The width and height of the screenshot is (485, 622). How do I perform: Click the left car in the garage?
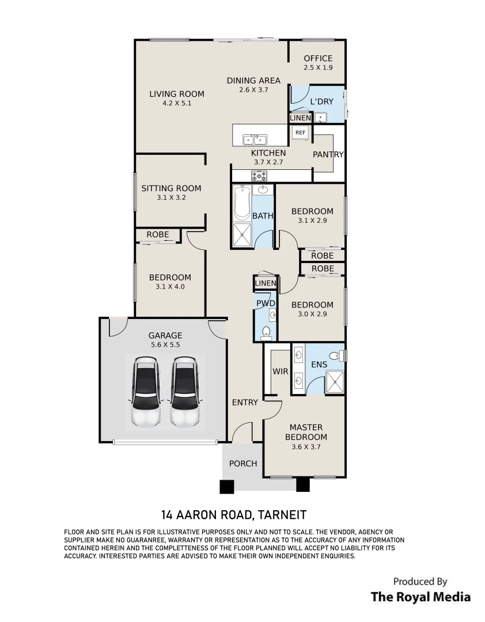point(146,392)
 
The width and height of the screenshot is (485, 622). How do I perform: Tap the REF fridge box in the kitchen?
point(301,132)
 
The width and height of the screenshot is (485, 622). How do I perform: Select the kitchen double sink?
point(255,139)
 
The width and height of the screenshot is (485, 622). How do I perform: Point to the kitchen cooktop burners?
point(259,175)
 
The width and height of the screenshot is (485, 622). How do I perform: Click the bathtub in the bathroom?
point(241,203)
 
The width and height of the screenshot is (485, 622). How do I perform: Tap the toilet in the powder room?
point(266,332)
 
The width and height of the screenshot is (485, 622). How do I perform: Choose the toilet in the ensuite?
point(338,355)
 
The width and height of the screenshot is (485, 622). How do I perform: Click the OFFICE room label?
point(319,58)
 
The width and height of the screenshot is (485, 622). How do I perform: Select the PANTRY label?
point(328,154)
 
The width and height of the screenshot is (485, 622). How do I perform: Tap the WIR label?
point(280,371)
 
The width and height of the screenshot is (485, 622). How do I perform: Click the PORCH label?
point(243,463)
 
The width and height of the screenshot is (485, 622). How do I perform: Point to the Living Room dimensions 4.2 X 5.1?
point(177,103)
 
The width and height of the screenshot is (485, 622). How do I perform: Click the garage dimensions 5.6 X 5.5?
point(165,345)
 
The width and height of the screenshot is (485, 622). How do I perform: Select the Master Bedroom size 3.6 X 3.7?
point(306,447)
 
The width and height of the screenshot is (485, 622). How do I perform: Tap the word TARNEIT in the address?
point(282,515)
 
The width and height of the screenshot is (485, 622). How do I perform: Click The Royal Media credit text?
point(420,597)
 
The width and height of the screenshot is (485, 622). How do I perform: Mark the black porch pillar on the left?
point(227,487)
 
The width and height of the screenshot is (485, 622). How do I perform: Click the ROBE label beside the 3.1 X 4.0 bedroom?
point(158,234)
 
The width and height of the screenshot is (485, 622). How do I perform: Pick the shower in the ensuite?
point(335,382)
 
